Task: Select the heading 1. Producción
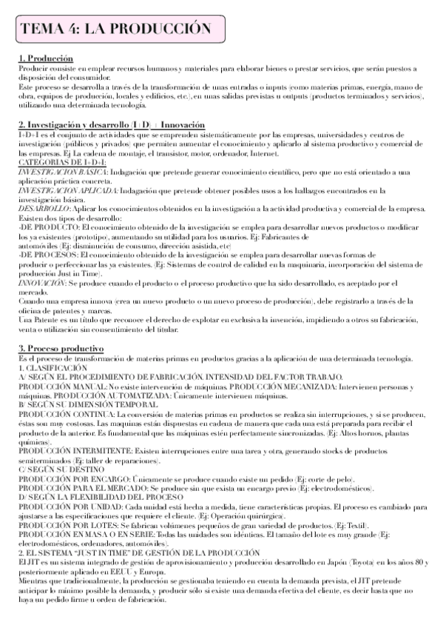click(46, 59)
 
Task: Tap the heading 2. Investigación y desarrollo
click(111, 124)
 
